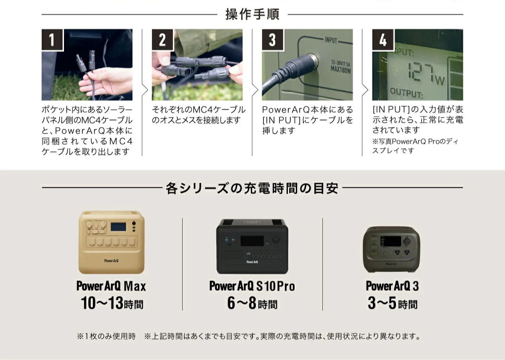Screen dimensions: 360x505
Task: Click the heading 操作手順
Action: (x=252, y=14)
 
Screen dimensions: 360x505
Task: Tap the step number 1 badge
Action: (x=52, y=40)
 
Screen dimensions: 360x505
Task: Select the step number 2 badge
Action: (x=162, y=40)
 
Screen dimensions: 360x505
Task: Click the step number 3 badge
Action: (x=273, y=40)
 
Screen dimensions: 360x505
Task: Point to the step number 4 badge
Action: (x=383, y=40)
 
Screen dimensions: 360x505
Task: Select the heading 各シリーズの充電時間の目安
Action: (x=252, y=188)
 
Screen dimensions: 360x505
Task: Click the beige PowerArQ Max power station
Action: (x=111, y=242)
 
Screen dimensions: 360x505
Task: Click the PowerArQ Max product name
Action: (x=111, y=286)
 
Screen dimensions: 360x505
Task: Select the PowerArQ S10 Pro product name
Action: (x=252, y=286)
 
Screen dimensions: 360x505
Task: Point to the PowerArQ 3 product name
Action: (x=392, y=286)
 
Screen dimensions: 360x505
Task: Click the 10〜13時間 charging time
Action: (x=112, y=303)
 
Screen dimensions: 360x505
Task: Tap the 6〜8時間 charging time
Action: (x=252, y=303)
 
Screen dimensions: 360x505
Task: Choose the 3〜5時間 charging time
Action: (x=392, y=303)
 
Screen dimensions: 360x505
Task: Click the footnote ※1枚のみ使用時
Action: (x=106, y=336)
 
